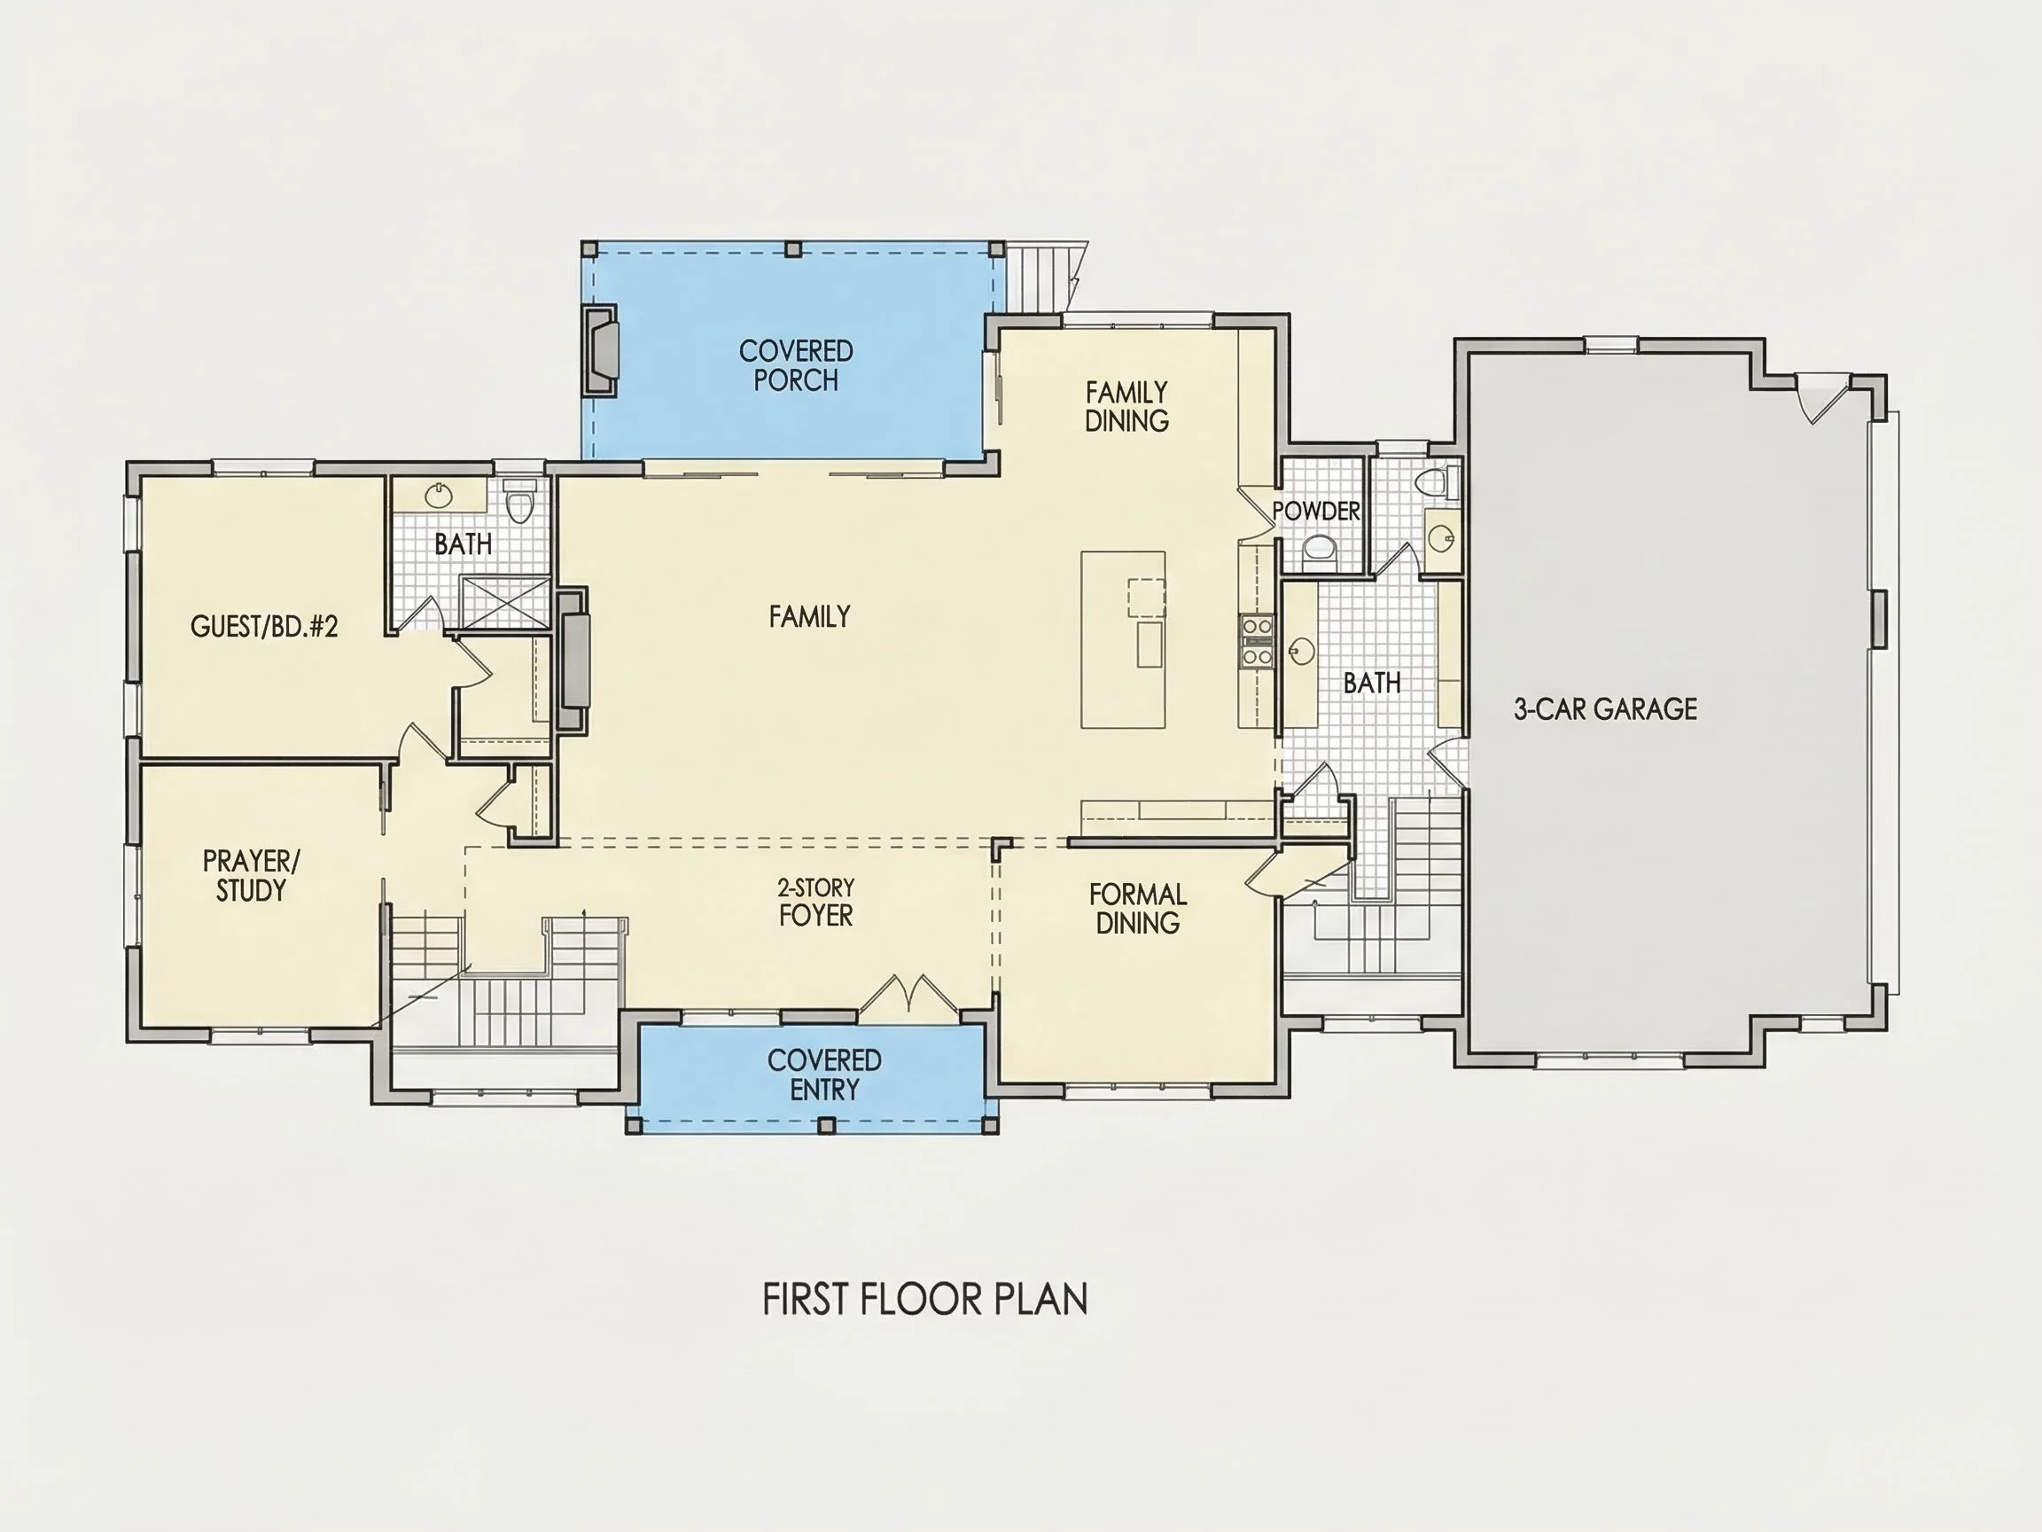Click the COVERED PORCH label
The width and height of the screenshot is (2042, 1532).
(796, 365)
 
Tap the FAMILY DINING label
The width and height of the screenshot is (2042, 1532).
(1126, 406)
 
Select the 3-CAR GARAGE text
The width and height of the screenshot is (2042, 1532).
(1605, 709)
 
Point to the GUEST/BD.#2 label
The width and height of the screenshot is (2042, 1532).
(264, 627)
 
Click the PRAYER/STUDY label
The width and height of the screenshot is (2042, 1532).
(251, 875)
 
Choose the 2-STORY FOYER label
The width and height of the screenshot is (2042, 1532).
(816, 903)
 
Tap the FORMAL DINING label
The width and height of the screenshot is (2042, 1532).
(1137, 909)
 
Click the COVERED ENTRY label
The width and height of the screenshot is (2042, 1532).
(824, 1075)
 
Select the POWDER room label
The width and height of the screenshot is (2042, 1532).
(1315, 512)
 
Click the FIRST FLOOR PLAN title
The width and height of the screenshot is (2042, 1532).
(925, 1300)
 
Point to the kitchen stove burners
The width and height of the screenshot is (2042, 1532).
(1257, 641)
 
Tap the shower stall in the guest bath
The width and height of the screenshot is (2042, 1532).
(505, 602)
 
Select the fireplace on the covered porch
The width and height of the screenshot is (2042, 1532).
(600, 352)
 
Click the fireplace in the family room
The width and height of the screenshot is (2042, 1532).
(573, 660)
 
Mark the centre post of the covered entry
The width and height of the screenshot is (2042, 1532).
(827, 1125)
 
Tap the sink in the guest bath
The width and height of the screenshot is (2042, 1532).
(440, 496)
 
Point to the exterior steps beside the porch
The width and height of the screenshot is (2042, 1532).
(1046, 275)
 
